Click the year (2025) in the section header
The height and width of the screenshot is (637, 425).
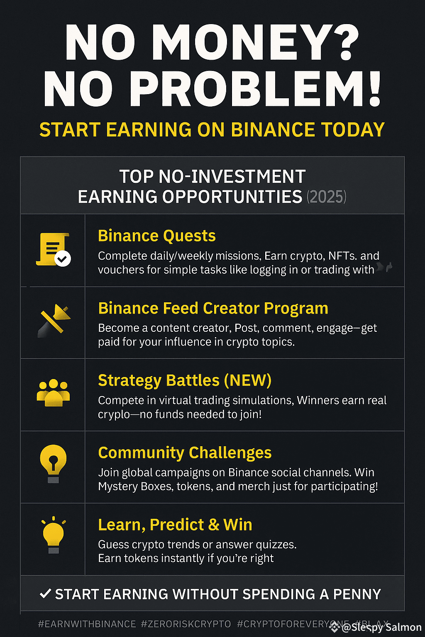coord(326,197)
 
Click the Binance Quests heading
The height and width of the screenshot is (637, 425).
coord(156,236)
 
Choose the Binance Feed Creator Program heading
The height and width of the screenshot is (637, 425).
coord(213,308)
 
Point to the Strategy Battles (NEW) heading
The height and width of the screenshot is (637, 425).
coord(184,380)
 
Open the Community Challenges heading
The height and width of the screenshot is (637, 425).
coord(185,452)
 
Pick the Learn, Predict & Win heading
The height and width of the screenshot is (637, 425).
coord(175,525)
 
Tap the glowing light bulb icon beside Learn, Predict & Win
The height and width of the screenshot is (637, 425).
coord(54,535)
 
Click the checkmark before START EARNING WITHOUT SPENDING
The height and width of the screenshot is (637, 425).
coord(45,593)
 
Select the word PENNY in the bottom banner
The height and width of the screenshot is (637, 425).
coord(357,594)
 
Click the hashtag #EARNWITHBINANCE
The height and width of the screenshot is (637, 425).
coord(87,624)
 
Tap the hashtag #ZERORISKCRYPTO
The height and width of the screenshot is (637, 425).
coord(186,624)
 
